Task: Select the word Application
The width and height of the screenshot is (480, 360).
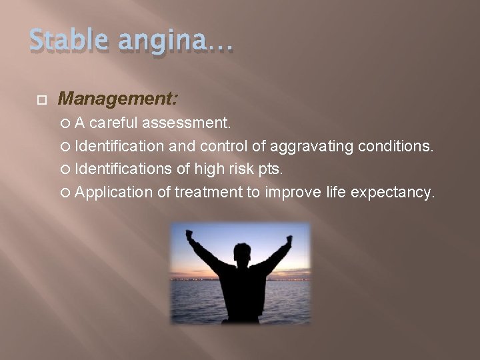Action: coord(114,193)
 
